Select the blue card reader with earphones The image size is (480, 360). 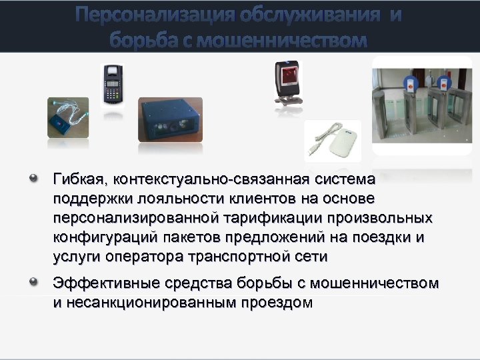click(x=67, y=118)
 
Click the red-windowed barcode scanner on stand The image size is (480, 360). click(x=289, y=81)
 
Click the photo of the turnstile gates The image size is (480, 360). click(x=425, y=106)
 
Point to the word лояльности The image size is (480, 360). click(x=167, y=199)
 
